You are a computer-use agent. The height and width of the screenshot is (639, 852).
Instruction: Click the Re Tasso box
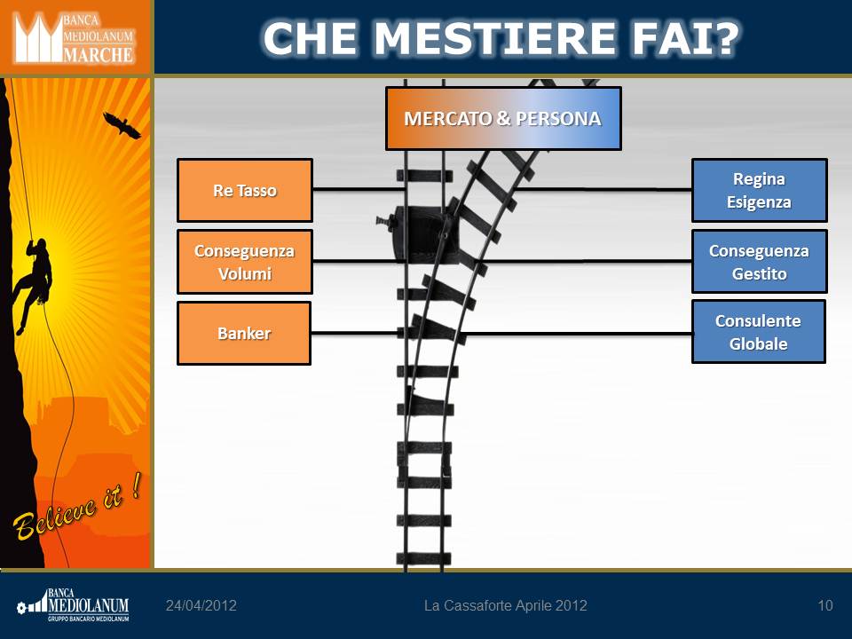tap(245, 190)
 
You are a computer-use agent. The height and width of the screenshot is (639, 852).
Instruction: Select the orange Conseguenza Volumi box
tap(245, 262)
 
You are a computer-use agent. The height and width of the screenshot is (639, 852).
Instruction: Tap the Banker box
tap(244, 333)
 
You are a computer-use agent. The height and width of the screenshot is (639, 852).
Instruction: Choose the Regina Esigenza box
tap(759, 190)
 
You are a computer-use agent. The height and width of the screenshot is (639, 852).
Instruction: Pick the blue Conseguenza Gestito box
tap(759, 261)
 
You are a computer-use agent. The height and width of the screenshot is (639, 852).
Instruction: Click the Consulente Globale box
tap(759, 331)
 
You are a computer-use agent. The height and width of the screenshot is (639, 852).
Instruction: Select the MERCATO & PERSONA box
tap(503, 118)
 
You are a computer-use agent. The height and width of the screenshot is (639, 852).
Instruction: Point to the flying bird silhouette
tap(122, 125)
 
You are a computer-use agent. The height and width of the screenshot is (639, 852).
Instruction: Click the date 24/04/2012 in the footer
tap(201, 605)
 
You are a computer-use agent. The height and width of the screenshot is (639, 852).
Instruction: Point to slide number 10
tap(824, 605)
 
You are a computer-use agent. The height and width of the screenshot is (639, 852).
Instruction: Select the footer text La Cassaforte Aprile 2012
tap(505, 605)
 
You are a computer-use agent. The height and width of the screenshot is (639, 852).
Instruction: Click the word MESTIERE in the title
tap(495, 38)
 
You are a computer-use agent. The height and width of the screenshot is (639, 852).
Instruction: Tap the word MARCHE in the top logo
tap(98, 54)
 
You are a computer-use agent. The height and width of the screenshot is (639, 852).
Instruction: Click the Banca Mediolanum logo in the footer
tap(73, 604)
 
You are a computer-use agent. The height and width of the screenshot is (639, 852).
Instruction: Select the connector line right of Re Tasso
tap(359, 189)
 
